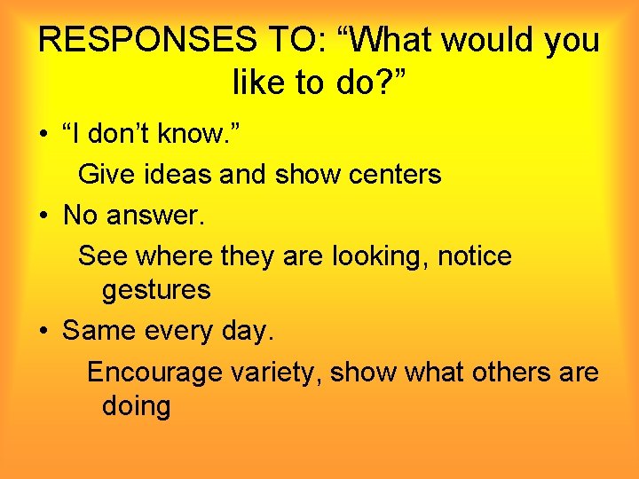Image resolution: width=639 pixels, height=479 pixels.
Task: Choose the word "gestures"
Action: point(156,290)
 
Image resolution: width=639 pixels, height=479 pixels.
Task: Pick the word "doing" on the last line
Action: point(137,406)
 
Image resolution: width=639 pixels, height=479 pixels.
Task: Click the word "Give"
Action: point(105,174)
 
